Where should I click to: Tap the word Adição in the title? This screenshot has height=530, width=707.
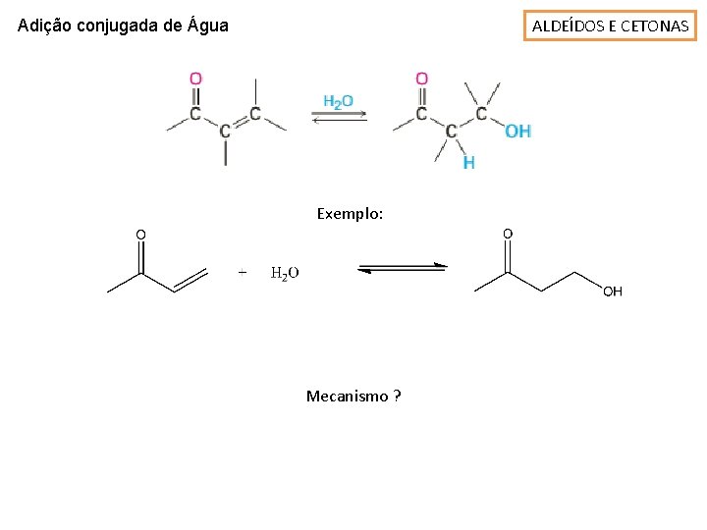pyautogui.click(x=47, y=26)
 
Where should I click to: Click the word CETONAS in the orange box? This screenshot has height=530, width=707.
pyautogui.click(x=655, y=26)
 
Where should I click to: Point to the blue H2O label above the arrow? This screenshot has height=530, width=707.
pyautogui.click(x=338, y=101)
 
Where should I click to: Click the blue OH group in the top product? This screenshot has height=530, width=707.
pyautogui.click(x=517, y=131)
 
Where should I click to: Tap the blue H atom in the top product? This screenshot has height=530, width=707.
pyautogui.click(x=468, y=163)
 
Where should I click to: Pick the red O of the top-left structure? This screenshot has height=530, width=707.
pyautogui.click(x=195, y=78)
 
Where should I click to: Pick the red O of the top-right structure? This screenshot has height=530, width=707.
pyautogui.click(x=421, y=78)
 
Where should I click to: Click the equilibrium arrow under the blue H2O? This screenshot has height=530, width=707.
pyautogui.click(x=339, y=117)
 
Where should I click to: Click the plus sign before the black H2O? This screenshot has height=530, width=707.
pyautogui.click(x=243, y=272)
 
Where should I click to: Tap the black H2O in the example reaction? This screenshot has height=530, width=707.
pyautogui.click(x=285, y=273)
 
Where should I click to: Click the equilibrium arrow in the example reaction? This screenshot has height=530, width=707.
pyautogui.click(x=401, y=268)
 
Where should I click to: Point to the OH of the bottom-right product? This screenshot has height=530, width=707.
pyautogui.click(x=612, y=291)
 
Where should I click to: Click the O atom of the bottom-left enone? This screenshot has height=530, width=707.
pyautogui.click(x=140, y=234)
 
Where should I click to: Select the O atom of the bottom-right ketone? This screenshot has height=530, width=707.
pyautogui.click(x=507, y=234)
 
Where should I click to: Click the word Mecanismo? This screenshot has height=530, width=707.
pyautogui.click(x=347, y=396)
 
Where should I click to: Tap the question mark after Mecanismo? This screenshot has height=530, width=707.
pyautogui.click(x=397, y=396)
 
